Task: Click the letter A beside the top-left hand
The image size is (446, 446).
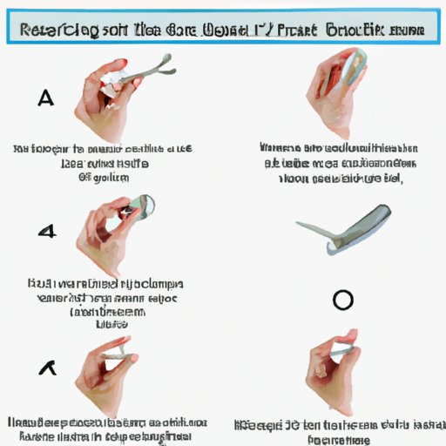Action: [46, 98]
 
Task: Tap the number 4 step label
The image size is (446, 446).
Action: [47, 232]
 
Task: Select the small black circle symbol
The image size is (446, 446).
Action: [343, 301]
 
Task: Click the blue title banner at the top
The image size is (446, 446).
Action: [222, 29]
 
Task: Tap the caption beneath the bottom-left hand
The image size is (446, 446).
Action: [111, 426]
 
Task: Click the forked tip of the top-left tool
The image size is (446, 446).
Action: [165, 64]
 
